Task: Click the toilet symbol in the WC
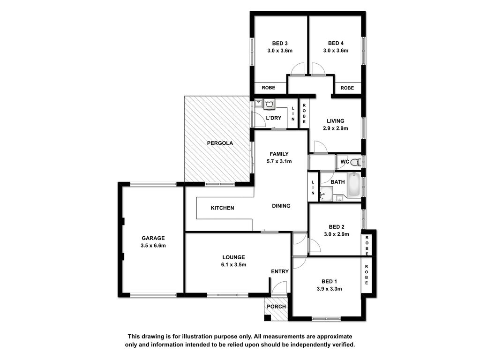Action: (355, 162)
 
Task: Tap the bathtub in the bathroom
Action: (354, 185)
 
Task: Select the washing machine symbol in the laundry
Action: (270, 104)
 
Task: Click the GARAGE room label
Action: (153, 238)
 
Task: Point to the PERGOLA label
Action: (220, 143)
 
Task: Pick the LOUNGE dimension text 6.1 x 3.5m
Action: (233, 265)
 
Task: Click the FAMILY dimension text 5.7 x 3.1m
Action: (279, 161)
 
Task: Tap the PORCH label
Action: (277, 307)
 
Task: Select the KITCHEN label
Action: (223, 208)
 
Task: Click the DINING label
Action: (281, 206)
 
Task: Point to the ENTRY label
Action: (280, 271)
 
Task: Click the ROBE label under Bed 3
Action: (269, 88)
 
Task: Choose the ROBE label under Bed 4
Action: (347, 88)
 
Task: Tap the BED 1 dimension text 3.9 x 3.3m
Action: (330, 289)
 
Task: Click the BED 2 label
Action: (337, 227)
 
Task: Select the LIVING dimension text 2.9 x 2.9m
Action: (336, 128)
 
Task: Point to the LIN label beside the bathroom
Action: (313, 187)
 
